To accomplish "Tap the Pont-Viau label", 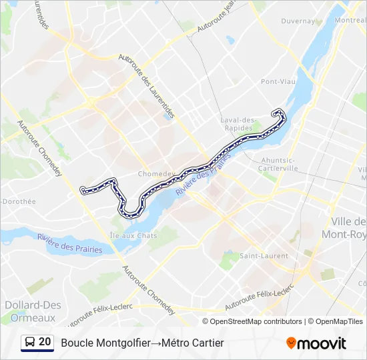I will click(x=278, y=82).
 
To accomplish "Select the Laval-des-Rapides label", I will click(x=238, y=124).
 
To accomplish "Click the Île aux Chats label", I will click(x=133, y=235).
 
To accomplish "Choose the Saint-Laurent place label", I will click(x=264, y=255).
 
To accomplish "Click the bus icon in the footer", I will click(x=30, y=343).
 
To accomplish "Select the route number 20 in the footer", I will click(x=45, y=343).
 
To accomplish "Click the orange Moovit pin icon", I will click(x=292, y=343).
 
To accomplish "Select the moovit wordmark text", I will click(x=322, y=343).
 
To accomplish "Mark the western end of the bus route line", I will click(x=83, y=191).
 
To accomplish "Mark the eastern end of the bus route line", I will click(x=273, y=113).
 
